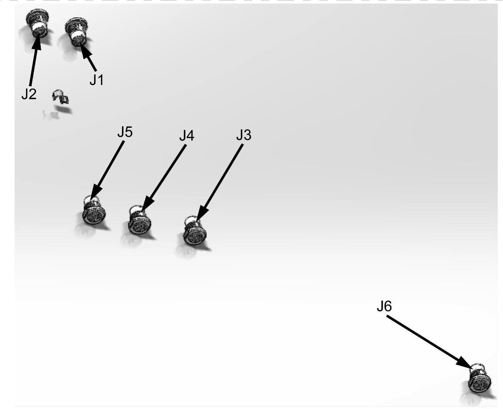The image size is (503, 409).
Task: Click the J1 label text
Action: point(97,80)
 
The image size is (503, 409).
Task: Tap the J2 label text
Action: point(29,94)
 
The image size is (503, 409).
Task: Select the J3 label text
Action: point(244,135)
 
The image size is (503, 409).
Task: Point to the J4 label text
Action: point(187,136)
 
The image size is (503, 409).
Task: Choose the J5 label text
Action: point(125,132)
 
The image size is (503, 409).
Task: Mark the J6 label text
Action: point(384,307)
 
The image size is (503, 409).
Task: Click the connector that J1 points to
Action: point(76,32)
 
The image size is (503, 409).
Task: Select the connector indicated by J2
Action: point(37,23)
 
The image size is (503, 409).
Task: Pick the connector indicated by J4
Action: point(139,220)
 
